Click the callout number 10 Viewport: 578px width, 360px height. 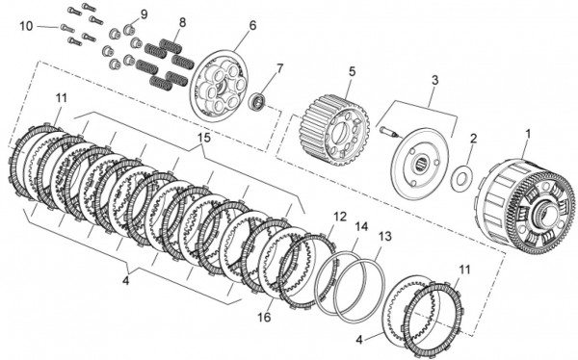27,26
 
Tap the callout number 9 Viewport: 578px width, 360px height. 144,14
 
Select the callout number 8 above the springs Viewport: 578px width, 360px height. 182,22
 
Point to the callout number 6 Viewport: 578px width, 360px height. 252,25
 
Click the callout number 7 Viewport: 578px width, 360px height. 279,68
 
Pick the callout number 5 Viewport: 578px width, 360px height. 352,71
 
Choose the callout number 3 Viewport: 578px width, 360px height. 435,80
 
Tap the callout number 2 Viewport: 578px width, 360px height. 473,139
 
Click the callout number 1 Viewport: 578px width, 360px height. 528,134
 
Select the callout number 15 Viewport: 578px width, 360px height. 204,138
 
